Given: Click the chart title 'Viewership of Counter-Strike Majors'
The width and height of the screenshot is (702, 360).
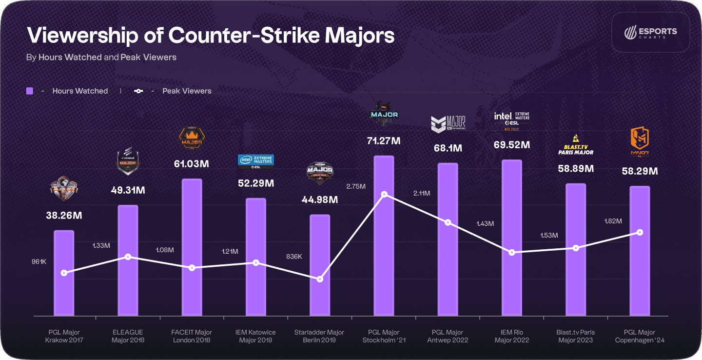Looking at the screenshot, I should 210,36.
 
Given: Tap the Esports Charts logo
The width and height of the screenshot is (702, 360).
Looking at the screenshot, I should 650,32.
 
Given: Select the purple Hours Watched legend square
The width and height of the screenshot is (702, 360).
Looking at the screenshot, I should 30,91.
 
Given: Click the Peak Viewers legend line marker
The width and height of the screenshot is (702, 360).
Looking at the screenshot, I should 139,91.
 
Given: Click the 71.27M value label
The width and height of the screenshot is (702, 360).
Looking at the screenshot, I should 384,141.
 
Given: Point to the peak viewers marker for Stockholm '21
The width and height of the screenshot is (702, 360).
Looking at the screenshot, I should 384,195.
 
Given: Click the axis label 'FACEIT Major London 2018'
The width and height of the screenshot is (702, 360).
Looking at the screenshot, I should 192,336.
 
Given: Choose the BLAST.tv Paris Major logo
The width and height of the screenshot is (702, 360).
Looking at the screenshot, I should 576,145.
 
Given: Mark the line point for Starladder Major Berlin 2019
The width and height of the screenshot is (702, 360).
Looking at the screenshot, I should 320,279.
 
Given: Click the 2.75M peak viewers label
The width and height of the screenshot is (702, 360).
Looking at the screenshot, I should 356,186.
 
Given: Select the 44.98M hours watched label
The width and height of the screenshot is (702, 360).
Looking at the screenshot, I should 320,200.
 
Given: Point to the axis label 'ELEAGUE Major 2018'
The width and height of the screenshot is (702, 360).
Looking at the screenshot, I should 128,336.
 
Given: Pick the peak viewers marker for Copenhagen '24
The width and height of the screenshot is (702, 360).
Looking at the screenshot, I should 640,232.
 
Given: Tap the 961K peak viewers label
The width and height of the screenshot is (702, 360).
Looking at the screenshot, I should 39,262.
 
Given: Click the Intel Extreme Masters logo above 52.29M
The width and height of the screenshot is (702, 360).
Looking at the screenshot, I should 256,160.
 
